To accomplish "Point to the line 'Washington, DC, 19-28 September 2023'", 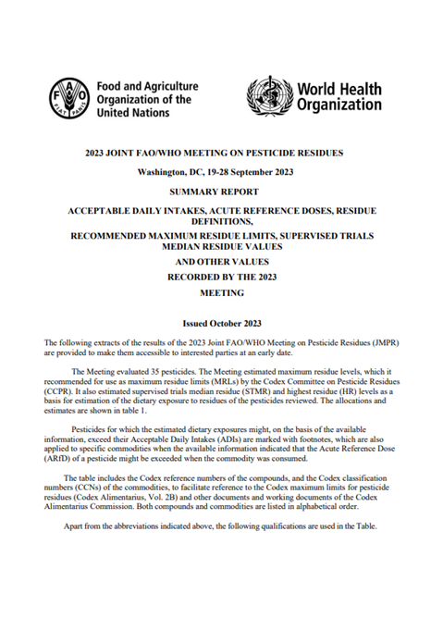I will click(221, 173).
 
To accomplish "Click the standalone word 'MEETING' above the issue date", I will click(221, 292).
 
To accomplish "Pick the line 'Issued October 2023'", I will click(221, 324).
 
